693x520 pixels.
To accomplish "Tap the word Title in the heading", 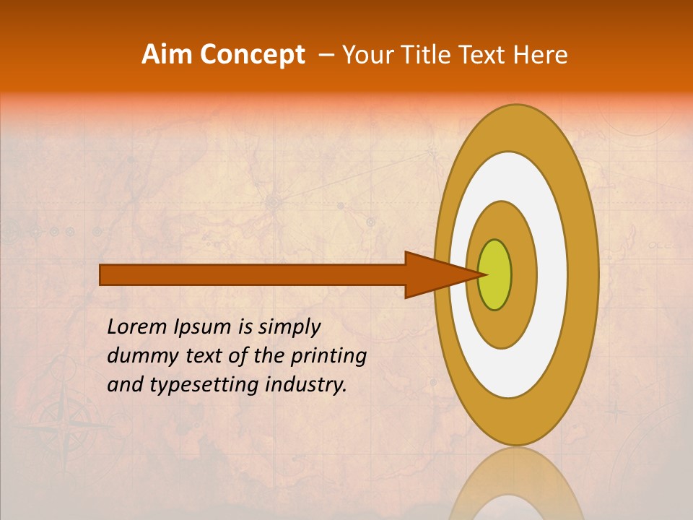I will (x=440, y=54).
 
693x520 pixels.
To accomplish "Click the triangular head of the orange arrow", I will (x=433, y=274).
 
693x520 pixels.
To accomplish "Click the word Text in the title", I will (x=488, y=54).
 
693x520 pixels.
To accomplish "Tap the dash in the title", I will (x=326, y=55).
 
